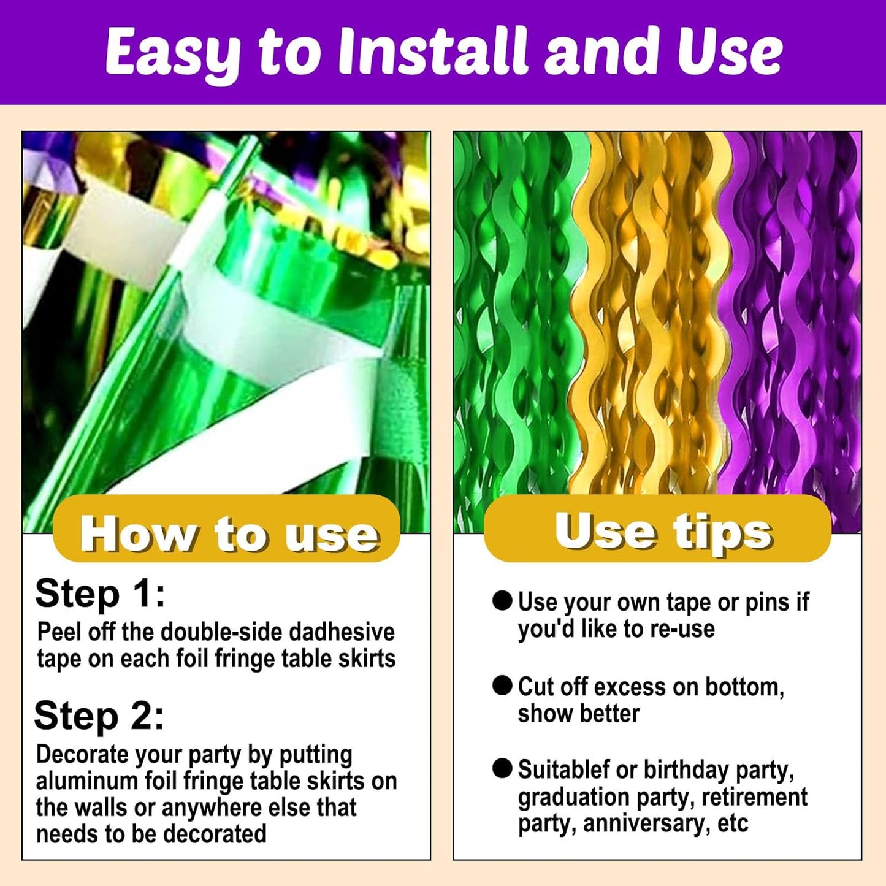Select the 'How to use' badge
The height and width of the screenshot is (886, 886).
[227, 530]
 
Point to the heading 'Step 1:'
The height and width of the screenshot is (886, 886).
[100, 594]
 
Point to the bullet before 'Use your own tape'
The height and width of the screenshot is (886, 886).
[502, 601]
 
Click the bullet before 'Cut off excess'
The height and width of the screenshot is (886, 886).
[502, 686]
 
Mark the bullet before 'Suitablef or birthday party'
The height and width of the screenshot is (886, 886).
[502, 768]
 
